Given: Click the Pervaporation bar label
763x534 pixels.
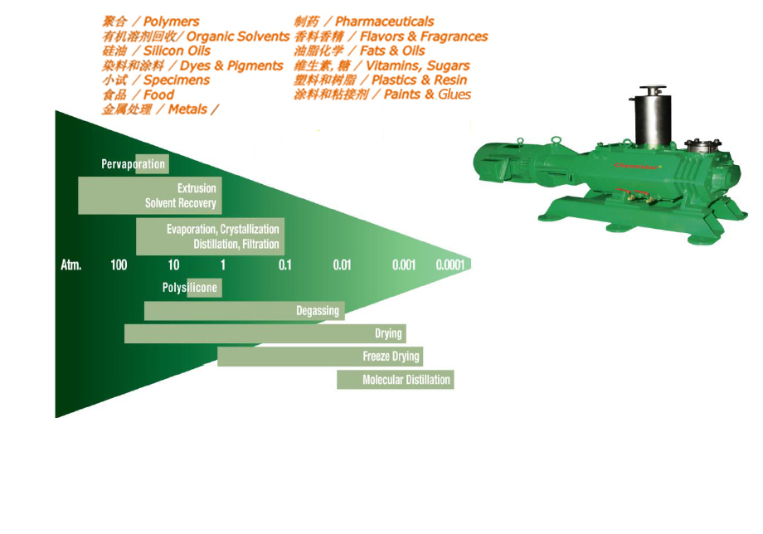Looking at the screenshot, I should coord(134,164).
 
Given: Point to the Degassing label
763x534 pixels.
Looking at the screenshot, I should coord(318,311).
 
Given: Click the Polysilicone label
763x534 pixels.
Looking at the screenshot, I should coord(190,288).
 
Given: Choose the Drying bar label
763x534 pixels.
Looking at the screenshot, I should coord(388,333).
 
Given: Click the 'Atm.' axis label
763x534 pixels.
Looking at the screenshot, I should coord(71,265).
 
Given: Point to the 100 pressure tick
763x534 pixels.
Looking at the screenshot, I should coord(119,265).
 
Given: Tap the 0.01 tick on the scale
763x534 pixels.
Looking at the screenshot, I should coord(343,265).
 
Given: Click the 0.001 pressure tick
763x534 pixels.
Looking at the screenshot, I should coord(404,265).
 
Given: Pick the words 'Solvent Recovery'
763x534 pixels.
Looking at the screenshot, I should coord(181,203).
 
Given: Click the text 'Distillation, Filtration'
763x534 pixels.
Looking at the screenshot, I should coord(236,245).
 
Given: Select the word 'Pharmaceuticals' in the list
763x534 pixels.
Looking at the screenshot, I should coord(384,22).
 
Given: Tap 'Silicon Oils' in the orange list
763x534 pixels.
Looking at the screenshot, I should coord(177,51).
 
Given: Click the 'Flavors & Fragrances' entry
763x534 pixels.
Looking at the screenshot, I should coord(423,36).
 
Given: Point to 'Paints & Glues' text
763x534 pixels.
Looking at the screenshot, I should coord(427,95).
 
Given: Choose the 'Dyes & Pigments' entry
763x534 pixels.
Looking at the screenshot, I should coord(231,66).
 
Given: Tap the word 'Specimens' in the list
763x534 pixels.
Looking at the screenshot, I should coord(177,80).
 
